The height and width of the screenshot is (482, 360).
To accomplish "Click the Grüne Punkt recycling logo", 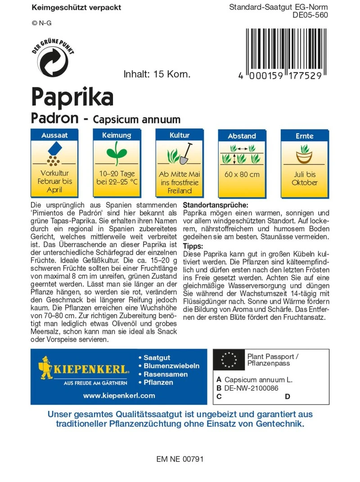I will coord(53,60).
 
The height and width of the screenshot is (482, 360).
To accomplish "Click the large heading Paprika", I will coord(72,96).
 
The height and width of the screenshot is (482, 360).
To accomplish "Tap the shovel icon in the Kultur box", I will coord(185,154).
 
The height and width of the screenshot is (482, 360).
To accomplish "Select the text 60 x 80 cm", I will coord(242,174).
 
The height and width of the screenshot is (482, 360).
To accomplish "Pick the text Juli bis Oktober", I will coord(305,178).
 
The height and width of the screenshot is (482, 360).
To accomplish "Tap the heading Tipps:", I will coord(193,246).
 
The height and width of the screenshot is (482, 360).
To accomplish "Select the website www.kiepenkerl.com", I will coord(119,396).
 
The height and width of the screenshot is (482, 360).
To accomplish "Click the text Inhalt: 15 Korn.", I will coord(157,74).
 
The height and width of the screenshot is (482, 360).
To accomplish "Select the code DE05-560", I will coord(310,14).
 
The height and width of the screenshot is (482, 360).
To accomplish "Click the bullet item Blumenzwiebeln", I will coord(171,366).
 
